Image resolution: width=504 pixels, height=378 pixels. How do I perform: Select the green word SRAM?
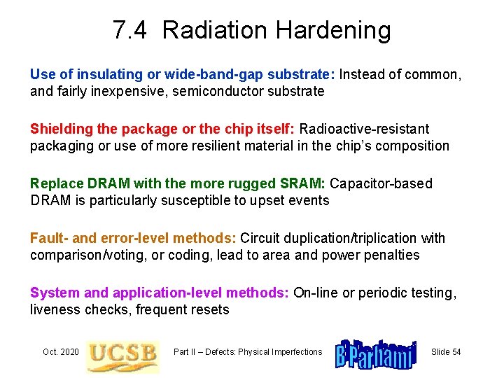[x=303, y=183]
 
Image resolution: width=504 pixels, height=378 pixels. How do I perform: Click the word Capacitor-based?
[x=381, y=183]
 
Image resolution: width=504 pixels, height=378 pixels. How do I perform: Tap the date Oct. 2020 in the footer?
[x=60, y=351]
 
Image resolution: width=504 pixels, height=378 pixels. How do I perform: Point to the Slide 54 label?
[x=446, y=351]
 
